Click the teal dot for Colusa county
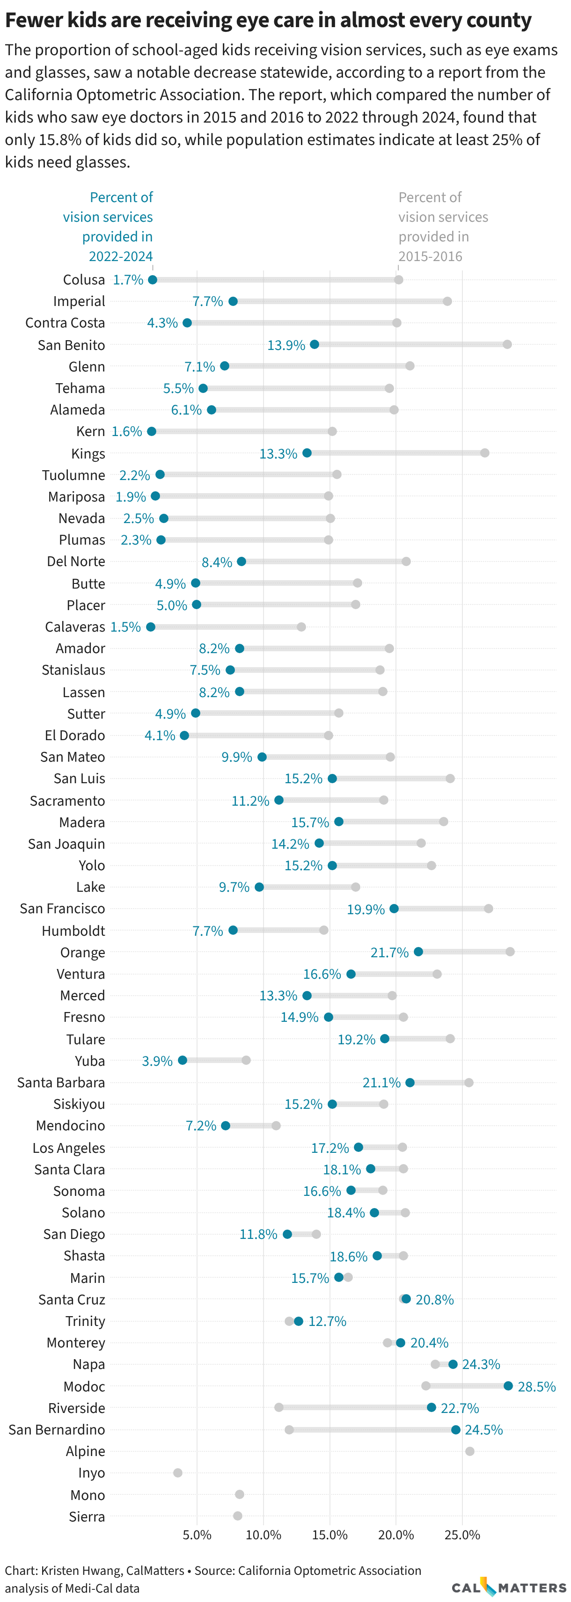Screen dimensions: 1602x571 point(153,280)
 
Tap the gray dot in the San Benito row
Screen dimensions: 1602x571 point(507,344)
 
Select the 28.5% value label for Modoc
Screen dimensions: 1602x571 point(536,1386)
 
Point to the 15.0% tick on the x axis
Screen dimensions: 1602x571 point(329,1534)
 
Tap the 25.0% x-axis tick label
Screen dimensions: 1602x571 point(462,1534)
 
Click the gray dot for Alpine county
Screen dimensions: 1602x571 point(469,1451)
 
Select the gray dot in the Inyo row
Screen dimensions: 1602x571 point(178,1473)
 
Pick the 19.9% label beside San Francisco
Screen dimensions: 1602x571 point(366,909)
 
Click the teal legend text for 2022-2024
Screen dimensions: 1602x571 point(112,227)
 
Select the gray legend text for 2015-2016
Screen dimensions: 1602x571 point(442,227)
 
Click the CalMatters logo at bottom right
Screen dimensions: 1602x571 point(508,1587)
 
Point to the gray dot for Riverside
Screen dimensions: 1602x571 point(278,1407)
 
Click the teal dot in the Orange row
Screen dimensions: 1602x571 point(418,952)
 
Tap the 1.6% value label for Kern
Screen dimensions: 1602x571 point(127,431)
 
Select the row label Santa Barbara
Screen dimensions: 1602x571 point(61,1082)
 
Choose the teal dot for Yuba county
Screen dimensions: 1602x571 point(182,1060)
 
